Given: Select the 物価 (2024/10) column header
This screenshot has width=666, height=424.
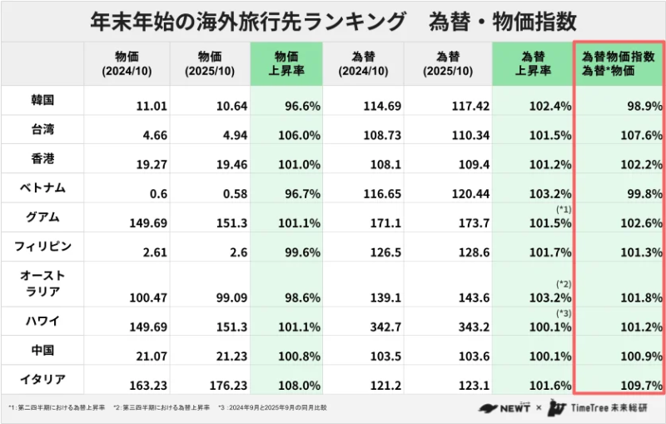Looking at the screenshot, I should tap(127, 63).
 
